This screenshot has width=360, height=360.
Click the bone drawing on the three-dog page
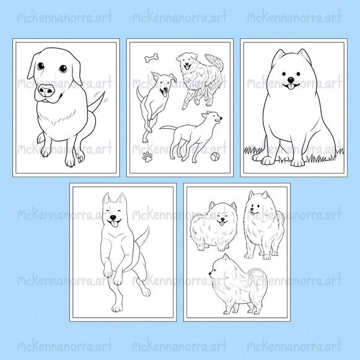(152, 58)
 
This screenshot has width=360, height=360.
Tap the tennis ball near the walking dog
(215, 157)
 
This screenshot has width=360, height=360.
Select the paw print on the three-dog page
(147, 157)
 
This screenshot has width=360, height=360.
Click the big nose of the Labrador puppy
(46, 90)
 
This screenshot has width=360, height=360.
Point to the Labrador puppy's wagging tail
(97, 102)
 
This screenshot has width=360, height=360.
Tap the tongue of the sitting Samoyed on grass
(291, 87)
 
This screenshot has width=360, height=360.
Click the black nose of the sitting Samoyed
(291, 80)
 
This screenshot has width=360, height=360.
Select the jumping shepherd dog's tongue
(115, 224)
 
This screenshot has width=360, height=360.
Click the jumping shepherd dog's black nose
(113, 217)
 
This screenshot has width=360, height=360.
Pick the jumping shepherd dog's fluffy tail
(143, 237)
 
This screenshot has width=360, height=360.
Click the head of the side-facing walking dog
(212, 118)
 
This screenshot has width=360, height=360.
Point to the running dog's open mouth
(165, 92)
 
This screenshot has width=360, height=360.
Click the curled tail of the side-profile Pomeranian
(258, 279)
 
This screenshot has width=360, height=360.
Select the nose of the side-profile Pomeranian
(210, 273)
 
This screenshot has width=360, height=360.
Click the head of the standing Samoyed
(260, 204)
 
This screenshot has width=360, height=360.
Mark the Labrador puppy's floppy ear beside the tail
(77, 71)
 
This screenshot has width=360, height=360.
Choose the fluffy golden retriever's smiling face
(188, 61)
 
